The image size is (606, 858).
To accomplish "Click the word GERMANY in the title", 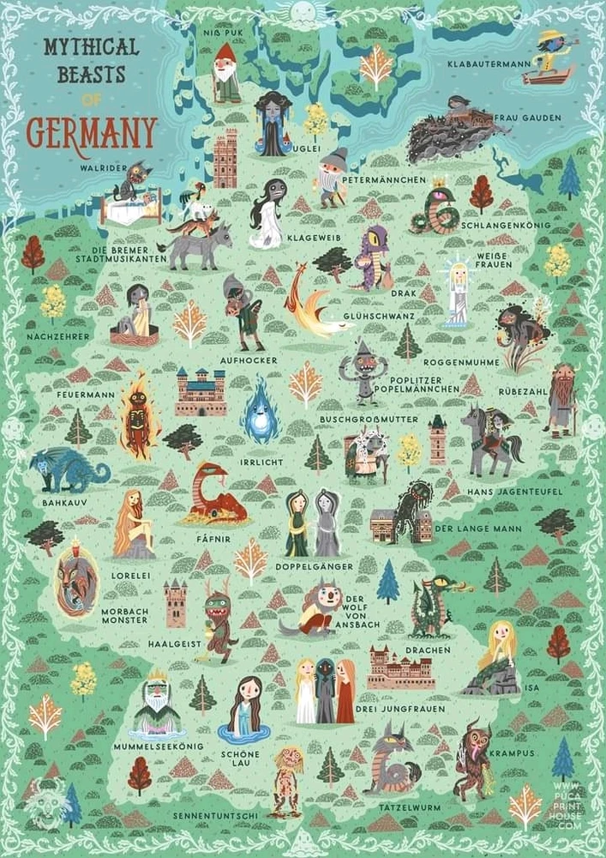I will pos(92,133).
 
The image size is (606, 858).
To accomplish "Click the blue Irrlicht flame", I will pos(261,410).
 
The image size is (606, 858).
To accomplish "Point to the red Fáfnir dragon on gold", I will pos(213,495).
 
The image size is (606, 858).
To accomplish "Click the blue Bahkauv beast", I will pos(68,470).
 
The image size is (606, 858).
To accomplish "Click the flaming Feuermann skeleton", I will pos(137,420).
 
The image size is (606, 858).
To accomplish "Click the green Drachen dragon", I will pos(432,606).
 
